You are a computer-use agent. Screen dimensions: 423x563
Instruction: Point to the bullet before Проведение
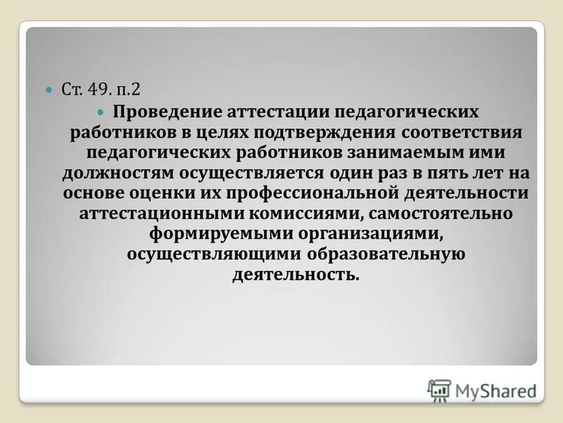tap(100, 113)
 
